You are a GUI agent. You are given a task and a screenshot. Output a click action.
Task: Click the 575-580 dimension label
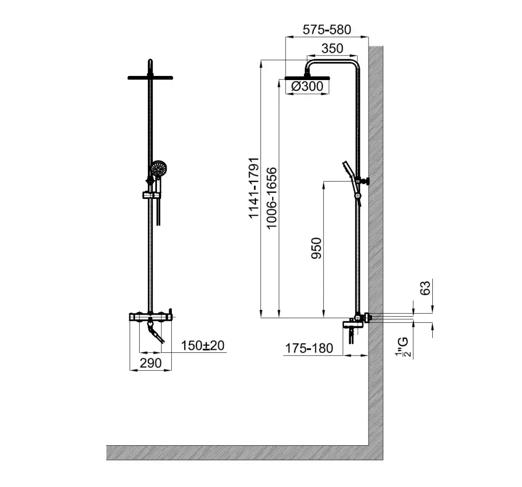[x=327, y=30]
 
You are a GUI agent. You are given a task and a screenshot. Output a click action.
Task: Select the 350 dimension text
[x=332, y=48]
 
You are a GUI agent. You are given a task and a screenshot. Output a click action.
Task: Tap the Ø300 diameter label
[x=307, y=86]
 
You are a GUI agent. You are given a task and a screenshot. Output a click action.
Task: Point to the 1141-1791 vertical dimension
[x=254, y=188]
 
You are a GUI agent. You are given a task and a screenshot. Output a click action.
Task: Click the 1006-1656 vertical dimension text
[x=272, y=198]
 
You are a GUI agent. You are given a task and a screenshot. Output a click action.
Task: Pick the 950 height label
[x=317, y=248]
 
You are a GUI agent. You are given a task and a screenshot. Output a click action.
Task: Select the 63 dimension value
[x=425, y=288]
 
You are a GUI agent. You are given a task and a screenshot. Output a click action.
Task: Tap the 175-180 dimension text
[x=309, y=348]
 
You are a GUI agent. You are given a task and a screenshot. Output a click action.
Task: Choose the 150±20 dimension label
[x=203, y=346]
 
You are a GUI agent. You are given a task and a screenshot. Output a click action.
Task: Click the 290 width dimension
[x=151, y=363]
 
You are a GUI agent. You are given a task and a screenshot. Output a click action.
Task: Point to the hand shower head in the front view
[x=158, y=169]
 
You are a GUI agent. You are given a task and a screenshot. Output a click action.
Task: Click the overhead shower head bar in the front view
[x=150, y=78]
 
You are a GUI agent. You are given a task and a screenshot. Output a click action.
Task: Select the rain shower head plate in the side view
[x=307, y=79]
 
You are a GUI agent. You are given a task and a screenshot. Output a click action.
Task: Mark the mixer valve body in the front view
[x=150, y=317]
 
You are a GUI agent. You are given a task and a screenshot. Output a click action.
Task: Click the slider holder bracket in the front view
[x=152, y=195]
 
